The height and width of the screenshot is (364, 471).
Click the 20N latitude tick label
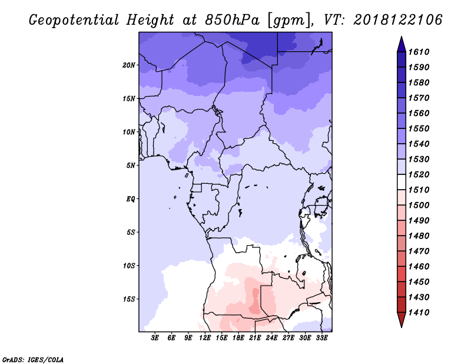pyautogui.click(x=129, y=65)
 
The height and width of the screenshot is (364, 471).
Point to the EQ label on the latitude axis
pyautogui.click(x=131, y=199)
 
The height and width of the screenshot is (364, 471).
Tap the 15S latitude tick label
pyautogui.click(x=129, y=299)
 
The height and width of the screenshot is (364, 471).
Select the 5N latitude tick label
pyautogui.click(x=131, y=166)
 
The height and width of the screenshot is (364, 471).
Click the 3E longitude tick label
pyautogui.click(x=155, y=338)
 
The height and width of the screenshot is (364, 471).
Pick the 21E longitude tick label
pyautogui.click(x=255, y=338)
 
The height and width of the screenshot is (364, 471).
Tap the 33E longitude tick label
pyautogui.click(x=321, y=338)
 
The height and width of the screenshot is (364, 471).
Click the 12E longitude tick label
pyautogui.click(x=205, y=338)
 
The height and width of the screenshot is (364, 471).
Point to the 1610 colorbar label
pyautogui.click(x=419, y=52)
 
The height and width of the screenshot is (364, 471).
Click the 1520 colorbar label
pyautogui.click(x=419, y=174)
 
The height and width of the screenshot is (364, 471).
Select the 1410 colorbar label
pyautogui.click(x=419, y=313)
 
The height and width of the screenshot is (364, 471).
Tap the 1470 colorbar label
pyautogui.click(x=419, y=252)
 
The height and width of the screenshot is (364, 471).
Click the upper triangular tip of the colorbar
pyautogui.click(x=402, y=37)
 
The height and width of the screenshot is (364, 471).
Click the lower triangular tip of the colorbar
pyautogui.click(x=402, y=327)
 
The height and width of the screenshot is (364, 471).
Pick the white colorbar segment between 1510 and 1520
pyautogui.click(x=402, y=182)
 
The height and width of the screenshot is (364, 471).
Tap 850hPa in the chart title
pyautogui.click(x=232, y=20)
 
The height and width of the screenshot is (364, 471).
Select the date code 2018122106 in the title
pyautogui.click(x=398, y=20)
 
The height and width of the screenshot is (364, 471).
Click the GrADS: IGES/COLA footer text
pyautogui.click(x=33, y=359)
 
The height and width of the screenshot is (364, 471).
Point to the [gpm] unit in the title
pyautogui.click(x=289, y=21)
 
